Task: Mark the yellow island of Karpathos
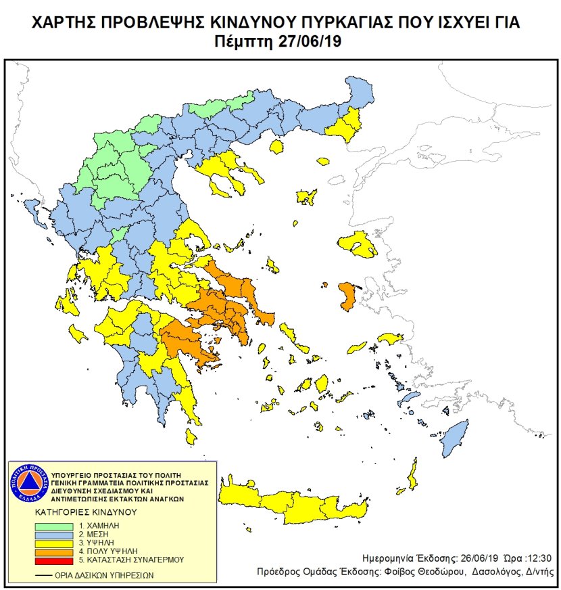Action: pos(410,477)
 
